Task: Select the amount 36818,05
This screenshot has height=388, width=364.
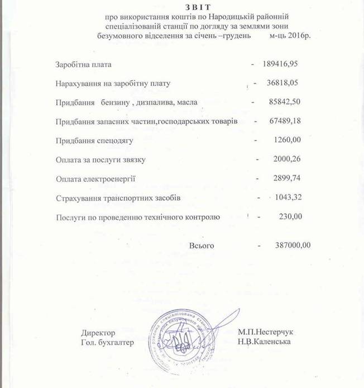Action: (285, 83)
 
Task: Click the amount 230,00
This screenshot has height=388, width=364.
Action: (290, 216)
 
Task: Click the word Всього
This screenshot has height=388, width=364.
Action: (202, 246)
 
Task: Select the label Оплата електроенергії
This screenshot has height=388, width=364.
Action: (95, 179)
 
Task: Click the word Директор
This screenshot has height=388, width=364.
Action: (98, 332)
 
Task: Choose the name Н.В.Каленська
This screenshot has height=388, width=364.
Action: (264, 342)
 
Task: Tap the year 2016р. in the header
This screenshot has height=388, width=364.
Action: (298, 36)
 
